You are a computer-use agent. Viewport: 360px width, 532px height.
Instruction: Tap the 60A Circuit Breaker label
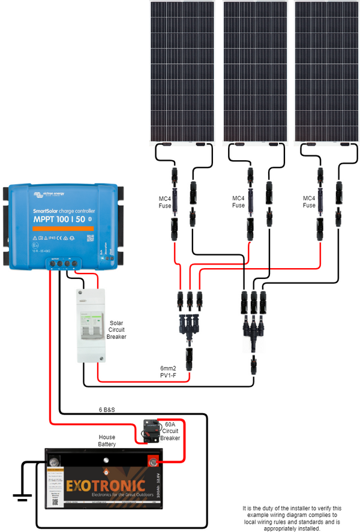tap(170, 431)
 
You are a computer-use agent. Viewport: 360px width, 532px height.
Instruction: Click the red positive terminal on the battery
tap(152, 461)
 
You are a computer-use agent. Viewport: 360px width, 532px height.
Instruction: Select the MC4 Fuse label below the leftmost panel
tap(164, 202)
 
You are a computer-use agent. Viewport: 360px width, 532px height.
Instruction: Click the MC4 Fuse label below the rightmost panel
tap(308, 202)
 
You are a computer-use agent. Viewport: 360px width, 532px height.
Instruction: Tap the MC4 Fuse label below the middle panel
tap(238, 202)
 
